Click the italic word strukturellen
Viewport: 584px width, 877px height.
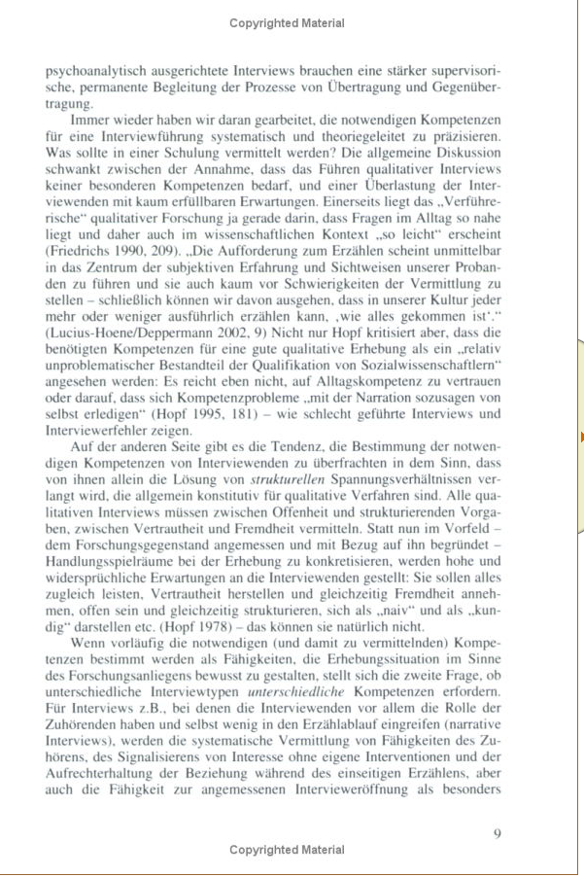[x=289, y=479]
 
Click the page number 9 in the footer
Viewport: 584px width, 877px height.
[x=497, y=832]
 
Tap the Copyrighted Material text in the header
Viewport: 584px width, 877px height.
[x=287, y=22]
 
